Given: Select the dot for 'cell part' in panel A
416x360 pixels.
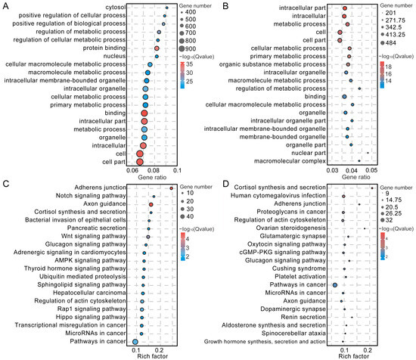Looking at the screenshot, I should [140, 161].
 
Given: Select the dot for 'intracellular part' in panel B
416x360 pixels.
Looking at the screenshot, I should [345, 9].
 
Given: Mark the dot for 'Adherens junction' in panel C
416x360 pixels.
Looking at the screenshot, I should [172, 188].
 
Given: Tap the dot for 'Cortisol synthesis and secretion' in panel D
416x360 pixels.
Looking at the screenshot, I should [372, 188].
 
